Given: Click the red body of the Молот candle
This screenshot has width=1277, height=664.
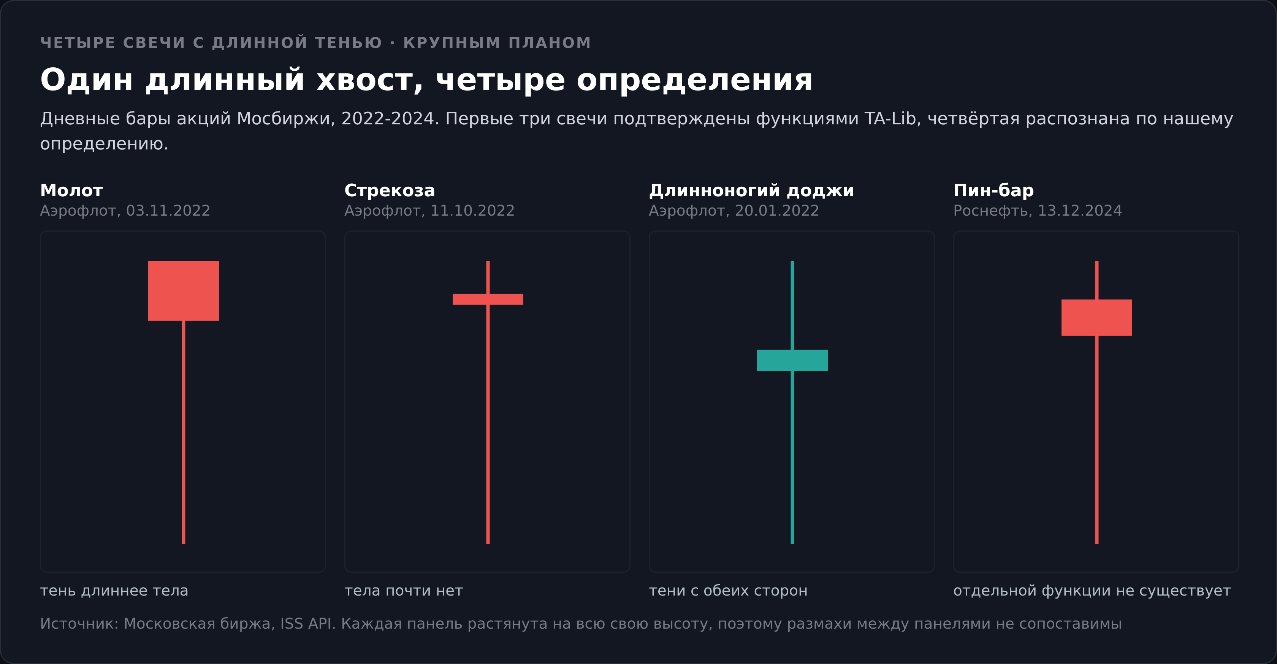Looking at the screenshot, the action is coord(184,291).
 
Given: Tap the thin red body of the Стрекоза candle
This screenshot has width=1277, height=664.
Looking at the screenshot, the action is coord(488,299).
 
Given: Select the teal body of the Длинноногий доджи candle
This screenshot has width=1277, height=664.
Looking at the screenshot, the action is coord(792,361).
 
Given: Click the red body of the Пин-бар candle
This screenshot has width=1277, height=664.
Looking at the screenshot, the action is coord(1096,318).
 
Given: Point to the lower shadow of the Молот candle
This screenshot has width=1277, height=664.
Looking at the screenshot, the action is coord(184,432).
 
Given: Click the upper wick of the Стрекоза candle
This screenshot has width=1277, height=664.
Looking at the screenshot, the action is coord(488,278).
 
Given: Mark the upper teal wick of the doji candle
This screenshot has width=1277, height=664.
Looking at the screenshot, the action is coord(792,305).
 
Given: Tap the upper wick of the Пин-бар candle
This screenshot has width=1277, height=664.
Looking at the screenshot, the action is coord(1096,280).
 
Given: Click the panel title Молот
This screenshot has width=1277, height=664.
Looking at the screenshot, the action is coord(71,191).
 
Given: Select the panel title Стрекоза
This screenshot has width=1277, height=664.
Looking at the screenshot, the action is coord(390,191).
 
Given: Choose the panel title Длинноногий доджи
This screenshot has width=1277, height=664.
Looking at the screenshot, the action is coord(751,191).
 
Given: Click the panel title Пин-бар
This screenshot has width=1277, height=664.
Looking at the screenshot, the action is coord(993,191).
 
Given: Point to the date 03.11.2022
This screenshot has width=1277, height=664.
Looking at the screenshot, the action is coord(168,211).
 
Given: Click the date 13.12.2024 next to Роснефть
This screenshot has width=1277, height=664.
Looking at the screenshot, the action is coord(1080,211).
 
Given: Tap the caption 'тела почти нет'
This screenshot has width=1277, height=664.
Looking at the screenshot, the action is coord(404,591).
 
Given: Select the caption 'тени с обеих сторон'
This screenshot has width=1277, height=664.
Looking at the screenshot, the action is coord(728,591).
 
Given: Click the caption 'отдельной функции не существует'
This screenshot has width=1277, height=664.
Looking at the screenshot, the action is coord(1092,591).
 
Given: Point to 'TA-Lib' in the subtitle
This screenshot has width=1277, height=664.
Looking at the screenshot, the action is coord(890,119).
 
